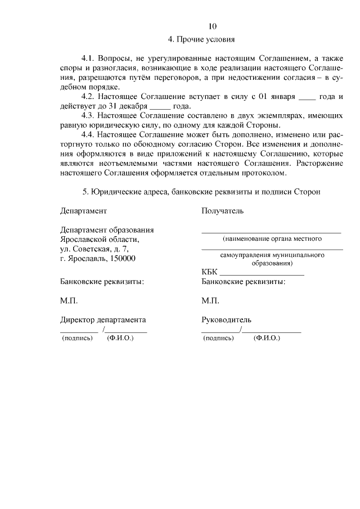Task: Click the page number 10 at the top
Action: coord(212,26)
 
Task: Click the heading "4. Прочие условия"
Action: coord(201,39)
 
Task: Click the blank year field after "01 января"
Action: coord(307,97)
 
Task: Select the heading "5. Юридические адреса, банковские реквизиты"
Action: coord(201,192)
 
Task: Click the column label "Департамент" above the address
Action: coord(83,211)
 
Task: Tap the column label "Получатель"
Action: coord(222,211)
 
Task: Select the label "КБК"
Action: coord(209,272)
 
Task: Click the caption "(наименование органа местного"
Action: coord(272,239)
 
